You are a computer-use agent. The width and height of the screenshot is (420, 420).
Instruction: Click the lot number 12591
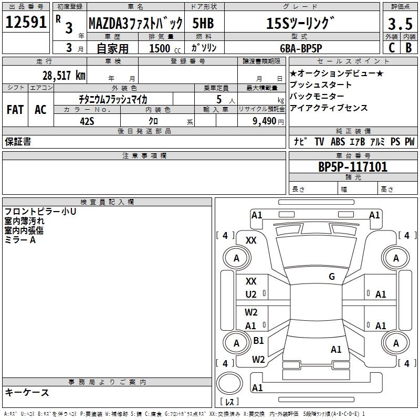[26, 22]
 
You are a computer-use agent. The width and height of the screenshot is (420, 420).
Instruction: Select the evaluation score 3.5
[400, 24]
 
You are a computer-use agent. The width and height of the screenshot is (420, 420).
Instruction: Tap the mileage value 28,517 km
[64, 76]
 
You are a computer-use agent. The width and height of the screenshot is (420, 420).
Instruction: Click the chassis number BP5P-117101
[353, 167]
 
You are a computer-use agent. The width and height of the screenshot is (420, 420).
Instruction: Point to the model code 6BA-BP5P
[301, 48]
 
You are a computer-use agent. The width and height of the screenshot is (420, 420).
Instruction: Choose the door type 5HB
[203, 23]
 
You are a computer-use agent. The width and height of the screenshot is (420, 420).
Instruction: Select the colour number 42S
[87, 121]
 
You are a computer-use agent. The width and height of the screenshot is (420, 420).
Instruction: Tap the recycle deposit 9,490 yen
[268, 121]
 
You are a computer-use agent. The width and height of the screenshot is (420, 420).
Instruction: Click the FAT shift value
[15, 110]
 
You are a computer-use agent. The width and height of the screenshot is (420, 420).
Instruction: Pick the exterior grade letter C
[392, 48]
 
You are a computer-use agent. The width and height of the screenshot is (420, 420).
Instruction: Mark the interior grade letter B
[408, 48]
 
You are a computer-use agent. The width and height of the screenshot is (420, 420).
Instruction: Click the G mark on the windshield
[332, 277]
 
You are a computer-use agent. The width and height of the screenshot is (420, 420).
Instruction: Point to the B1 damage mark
[258, 340]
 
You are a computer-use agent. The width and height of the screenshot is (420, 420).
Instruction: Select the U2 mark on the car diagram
[251, 295]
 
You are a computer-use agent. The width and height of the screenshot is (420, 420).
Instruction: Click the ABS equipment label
[338, 141]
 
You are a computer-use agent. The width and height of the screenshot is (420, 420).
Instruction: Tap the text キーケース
[27, 392]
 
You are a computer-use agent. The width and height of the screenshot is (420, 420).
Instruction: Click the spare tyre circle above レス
[229, 383]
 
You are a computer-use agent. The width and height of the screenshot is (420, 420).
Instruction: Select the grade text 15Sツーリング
[300, 23]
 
